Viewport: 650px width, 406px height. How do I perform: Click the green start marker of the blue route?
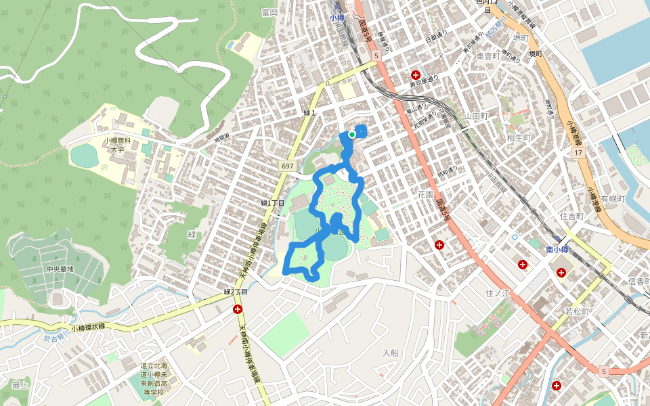pyautogui.click(x=352, y=135)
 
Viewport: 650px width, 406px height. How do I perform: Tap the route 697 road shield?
pyautogui.click(x=288, y=166)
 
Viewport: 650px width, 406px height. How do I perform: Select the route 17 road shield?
pyautogui.click(x=578, y=154)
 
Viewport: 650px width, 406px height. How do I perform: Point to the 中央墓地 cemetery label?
pyautogui.click(x=60, y=269)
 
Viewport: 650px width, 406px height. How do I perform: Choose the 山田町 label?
pyautogui.click(x=476, y=116)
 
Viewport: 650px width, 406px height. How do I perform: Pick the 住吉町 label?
pyautogui.click(x=571, y=217)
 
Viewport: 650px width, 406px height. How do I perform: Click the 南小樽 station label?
pyautogui.click(x=559, y=250)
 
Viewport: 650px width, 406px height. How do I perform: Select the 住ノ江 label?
pyautogui.click(x=497, y=293)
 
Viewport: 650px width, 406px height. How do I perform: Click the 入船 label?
pyautogui.click(x=390, y=353)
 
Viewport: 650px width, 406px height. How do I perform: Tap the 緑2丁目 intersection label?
pyautogui.click(x=236, y=292)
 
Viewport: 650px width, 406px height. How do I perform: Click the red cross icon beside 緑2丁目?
pyautogui.click(x=238, y=310)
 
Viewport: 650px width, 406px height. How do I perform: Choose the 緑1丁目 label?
pyautogui.click(x=273, y=203)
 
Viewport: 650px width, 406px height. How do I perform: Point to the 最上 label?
pyautogui.click(x=20, y=385)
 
